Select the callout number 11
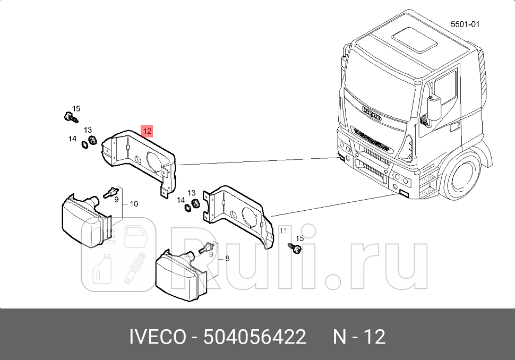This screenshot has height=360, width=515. click(283, 230)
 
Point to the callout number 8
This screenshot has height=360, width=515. click(227, 259)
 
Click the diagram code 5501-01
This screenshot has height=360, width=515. click(465, 24)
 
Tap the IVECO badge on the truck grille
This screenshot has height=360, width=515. click(372, 113)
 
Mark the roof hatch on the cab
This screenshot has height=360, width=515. click(411, 40)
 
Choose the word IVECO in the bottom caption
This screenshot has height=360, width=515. click(158, 337)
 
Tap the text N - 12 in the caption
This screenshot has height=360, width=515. click(359, 337)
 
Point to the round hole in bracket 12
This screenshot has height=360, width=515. click(152, 160)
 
